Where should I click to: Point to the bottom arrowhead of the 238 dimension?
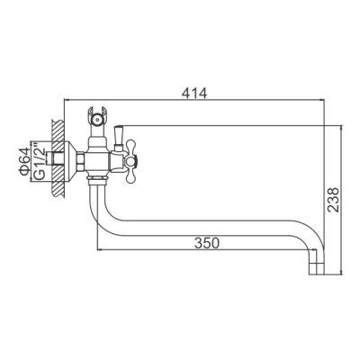click(343, 274)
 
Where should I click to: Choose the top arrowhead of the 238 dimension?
click(343, 127)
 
